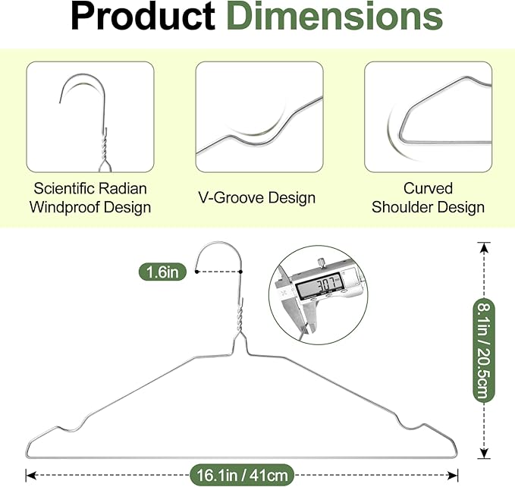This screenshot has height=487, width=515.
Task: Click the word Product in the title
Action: [143, 17]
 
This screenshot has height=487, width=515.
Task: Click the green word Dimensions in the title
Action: [334, 17]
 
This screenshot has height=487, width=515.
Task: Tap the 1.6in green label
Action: [162, 272]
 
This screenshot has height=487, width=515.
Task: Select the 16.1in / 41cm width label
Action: [242, 475]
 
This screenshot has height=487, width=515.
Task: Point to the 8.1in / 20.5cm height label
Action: [484, 350]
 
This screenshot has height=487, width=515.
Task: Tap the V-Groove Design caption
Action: [257, 198]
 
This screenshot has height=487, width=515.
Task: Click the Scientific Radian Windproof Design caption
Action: [90, 198]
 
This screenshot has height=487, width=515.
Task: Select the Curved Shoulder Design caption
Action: [428, 198]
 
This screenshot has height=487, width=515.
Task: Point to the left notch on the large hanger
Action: [71, 427]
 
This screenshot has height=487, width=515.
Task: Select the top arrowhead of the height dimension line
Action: [484, 248]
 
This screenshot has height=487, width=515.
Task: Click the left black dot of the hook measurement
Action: [196, 272]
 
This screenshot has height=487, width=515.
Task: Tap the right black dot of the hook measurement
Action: [240, 272]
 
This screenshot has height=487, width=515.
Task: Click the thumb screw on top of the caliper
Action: [321, 262]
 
